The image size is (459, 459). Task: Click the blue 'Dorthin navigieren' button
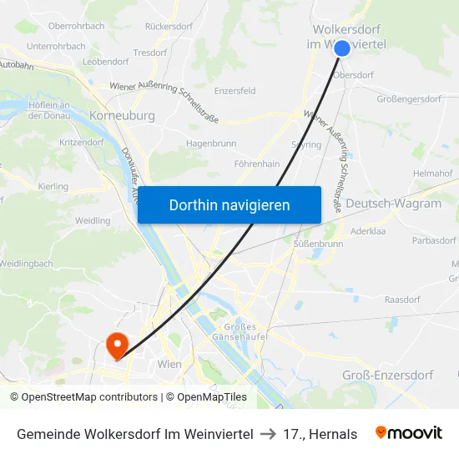[x=229, y=204]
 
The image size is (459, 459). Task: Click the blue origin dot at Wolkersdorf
[x=342, y=48]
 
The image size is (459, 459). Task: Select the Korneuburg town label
[x=122, y=116]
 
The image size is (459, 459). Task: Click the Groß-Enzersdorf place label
[x=387, y=375]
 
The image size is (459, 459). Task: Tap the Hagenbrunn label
[x=211, y=144]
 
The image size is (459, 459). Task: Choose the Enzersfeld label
[x=235, y=91]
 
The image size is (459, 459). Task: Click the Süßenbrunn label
[x=319, y=244]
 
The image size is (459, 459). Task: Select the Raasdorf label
[x=402, y=298]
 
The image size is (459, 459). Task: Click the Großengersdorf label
[x=409, y=98]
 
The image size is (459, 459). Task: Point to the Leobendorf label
[x=106, y=62]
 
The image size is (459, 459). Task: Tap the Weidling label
[x=93, y=221]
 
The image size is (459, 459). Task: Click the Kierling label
[x=53, y=186]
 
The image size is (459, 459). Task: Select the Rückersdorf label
[x=169, y=27]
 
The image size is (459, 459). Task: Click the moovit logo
[x=409, y=433]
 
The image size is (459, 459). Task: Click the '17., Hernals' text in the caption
[x=320, y=434]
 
